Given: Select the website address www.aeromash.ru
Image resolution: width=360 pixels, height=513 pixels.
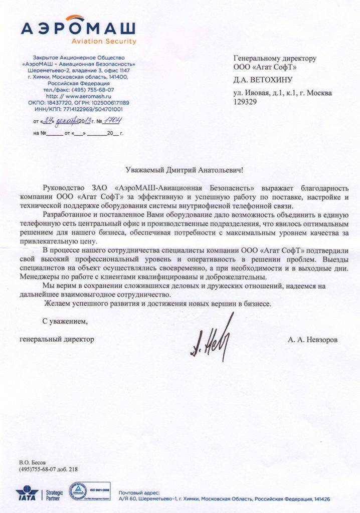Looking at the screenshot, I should point(85,95).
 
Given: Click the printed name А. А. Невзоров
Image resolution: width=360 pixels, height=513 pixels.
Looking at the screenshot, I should point(312,340).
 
